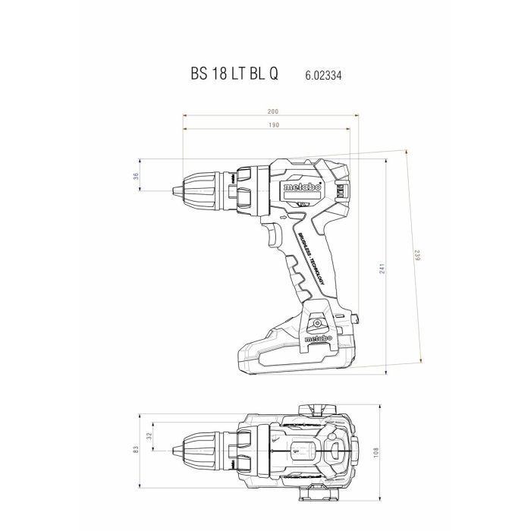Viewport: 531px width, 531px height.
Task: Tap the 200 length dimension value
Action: tap(272, 112)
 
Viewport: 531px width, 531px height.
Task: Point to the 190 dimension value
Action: tap(272, 124)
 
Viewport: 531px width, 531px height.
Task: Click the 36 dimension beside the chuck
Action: tap(136, 176)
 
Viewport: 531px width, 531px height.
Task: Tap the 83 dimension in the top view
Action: tap(136, 449)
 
